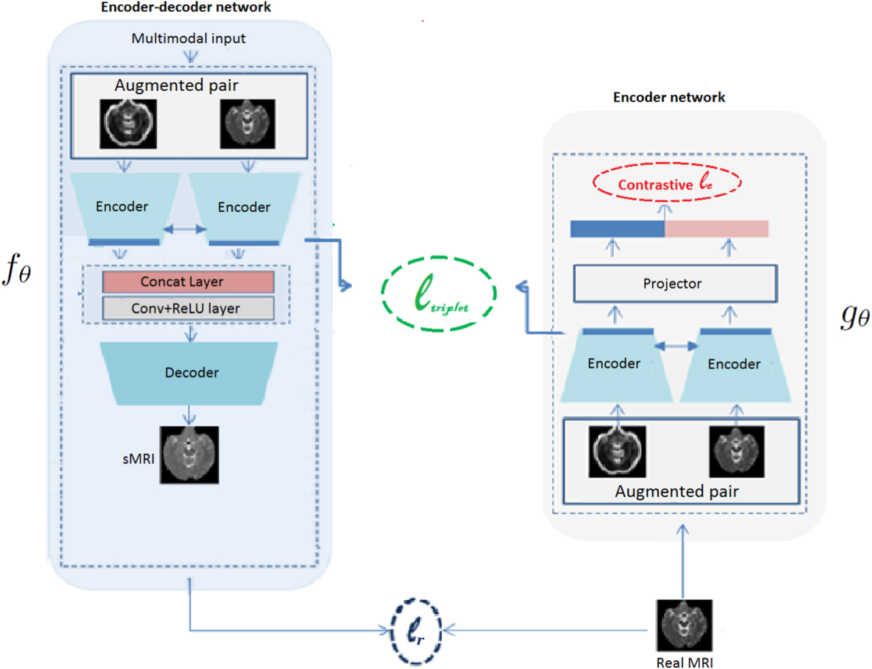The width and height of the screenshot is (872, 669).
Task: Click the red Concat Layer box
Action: click(188, 282)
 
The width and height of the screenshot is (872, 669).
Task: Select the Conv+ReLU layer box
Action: click(188, 308)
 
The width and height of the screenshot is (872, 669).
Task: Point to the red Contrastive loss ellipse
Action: click(667, 183)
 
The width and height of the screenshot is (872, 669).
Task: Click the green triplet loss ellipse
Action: click(439, 294)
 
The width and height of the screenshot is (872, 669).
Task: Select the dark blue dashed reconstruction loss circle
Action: click(415, 631)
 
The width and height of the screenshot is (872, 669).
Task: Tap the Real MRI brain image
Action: click(684, 625)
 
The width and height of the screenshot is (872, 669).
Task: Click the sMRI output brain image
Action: click(190, 455)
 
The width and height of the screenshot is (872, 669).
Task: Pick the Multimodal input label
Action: click(188, 38)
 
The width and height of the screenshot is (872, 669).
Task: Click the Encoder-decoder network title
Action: click(185, 7)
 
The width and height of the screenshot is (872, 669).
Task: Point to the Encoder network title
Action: click(669, 97)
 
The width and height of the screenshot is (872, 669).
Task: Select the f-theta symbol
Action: click(17, 269)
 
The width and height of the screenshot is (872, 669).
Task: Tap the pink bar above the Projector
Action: click(716, 229)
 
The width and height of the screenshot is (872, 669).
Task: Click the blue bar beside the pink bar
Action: click(617, 229)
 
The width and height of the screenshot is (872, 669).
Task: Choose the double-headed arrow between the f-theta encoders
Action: click(184, 229)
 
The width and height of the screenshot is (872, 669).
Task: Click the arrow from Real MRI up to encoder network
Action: click(683, 561)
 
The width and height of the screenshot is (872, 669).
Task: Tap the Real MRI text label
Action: click(684, 663)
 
